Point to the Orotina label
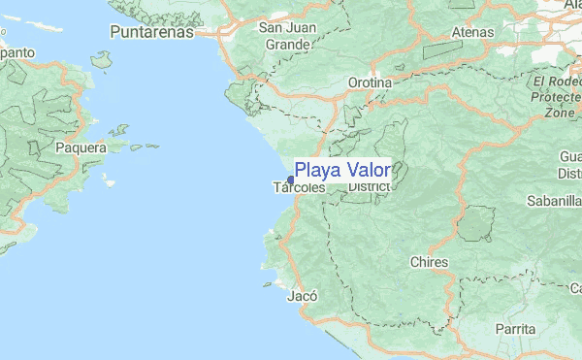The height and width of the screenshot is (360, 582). click(370, 83)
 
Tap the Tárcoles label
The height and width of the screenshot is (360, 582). click(299, 186)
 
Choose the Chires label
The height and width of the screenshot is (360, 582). click(429, 262)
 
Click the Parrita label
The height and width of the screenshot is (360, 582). click(513, 329)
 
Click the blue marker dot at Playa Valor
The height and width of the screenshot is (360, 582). click(291, 180)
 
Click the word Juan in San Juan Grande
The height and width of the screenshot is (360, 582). click(293, 27)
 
